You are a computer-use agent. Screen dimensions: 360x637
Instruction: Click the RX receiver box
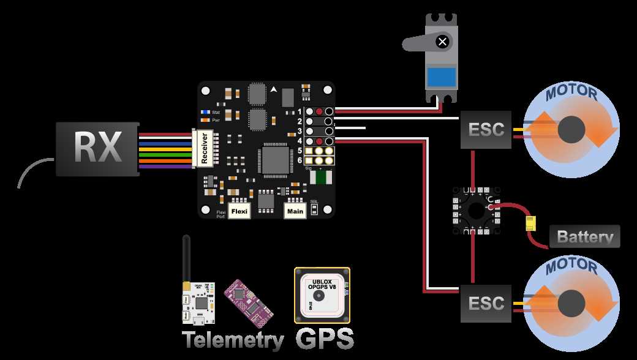97,149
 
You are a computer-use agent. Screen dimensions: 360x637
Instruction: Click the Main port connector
295,211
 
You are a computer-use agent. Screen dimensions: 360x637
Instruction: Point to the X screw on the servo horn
442,42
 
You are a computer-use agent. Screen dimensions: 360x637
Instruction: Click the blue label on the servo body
441,77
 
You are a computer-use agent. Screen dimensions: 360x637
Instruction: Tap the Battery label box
584,237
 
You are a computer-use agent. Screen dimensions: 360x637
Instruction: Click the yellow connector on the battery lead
530,224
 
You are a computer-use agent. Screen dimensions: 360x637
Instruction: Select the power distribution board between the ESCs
475,210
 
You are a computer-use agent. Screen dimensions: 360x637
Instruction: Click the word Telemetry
232,340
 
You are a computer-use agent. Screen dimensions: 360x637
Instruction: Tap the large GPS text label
325,339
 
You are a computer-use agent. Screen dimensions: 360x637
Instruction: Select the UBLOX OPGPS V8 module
322,294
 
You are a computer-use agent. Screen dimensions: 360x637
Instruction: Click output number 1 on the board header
300,111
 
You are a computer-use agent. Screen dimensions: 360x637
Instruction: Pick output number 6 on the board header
300,160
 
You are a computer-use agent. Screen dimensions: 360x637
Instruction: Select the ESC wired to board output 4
486,303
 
